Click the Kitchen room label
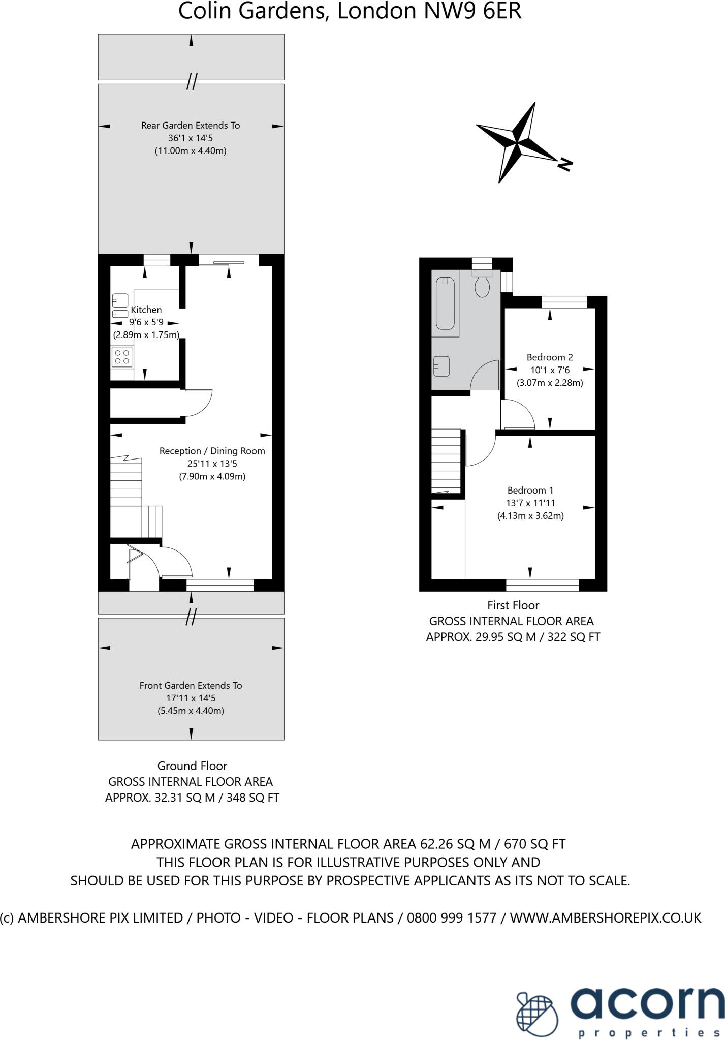[146, 310]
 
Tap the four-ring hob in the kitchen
[122, 357]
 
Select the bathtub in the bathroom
[445, 303]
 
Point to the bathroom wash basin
[441, 365]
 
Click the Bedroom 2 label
[550, 357]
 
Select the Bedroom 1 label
[530, 490]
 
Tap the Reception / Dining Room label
[212, 451]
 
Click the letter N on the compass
[565, 164]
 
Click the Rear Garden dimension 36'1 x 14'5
[191, 138]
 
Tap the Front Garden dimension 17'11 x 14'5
[191, 698]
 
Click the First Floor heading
[513, 605]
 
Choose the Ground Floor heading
[192, 766]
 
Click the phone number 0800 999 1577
[452, 917]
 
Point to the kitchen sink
[120, 300]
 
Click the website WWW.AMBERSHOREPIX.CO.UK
[606, 917]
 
